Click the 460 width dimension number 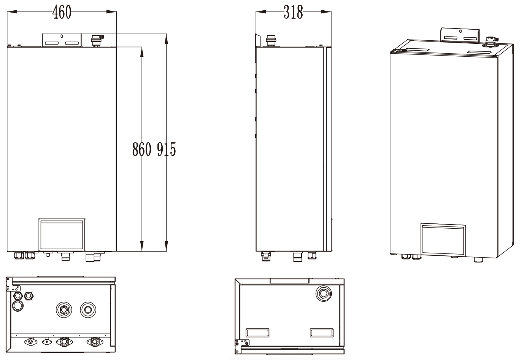click(62, 13)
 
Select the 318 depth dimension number click(293, 13)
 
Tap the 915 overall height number click(167, 150)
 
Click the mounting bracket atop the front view click(61, 40)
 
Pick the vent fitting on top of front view click(97, 40)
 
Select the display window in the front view click(62, 234)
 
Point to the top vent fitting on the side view click(271, 40)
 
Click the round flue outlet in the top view click(323, 294)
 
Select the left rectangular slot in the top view click(258, 332)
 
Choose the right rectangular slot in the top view click(322, 332)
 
